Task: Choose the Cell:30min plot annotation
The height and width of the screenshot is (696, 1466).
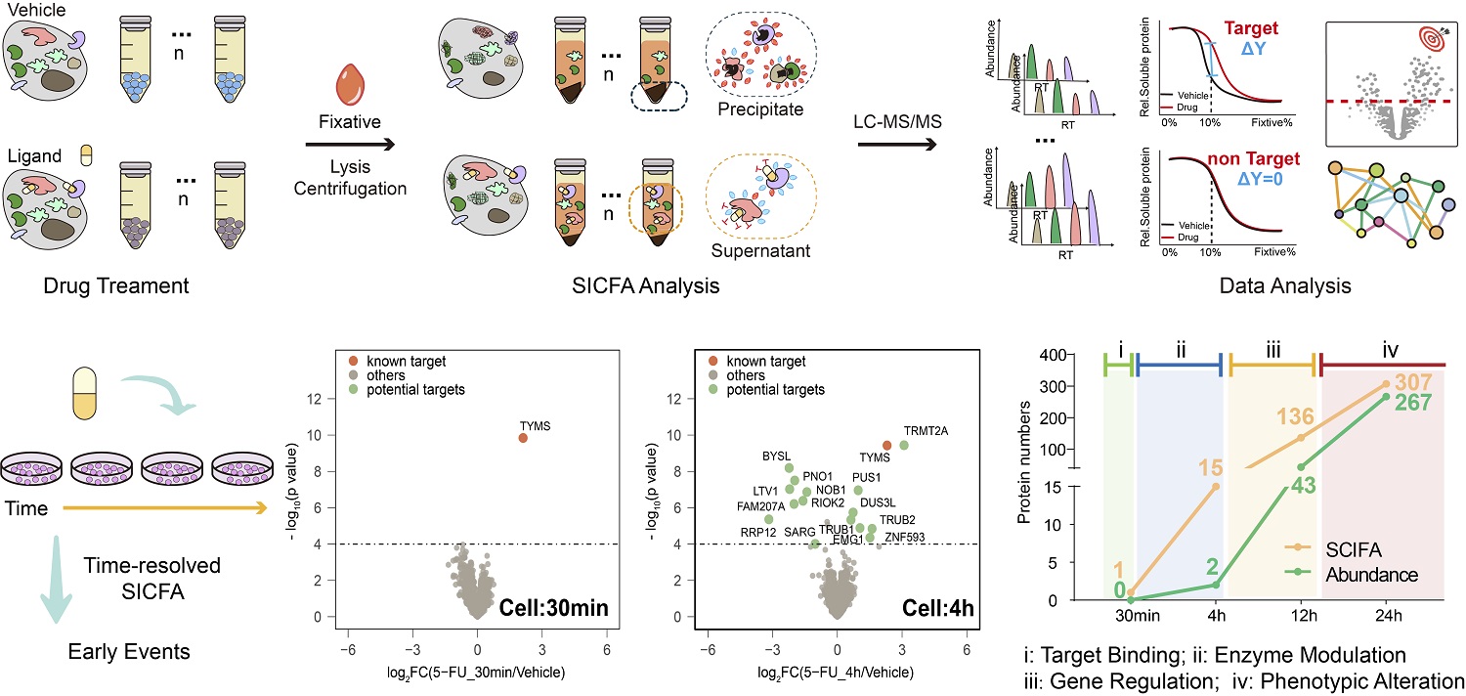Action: (554, 608)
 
